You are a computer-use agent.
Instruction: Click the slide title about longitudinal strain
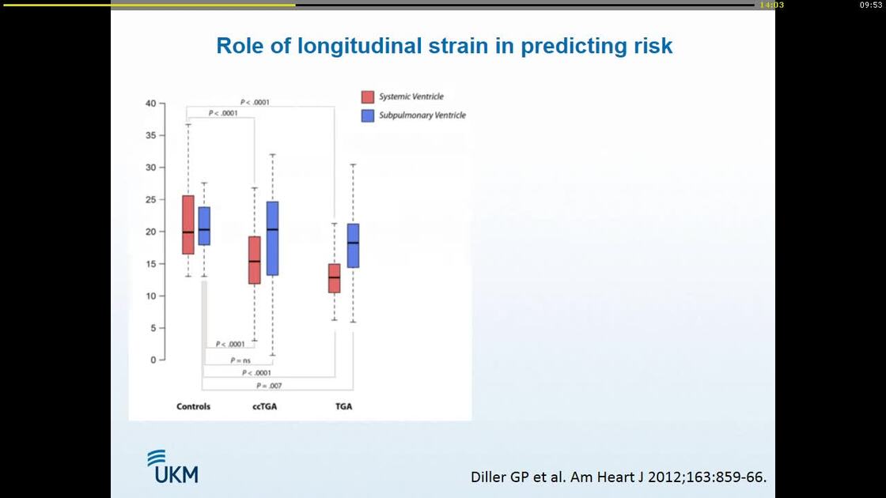[x=444, y=46]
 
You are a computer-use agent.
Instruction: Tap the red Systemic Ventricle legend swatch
[x=368, y=97]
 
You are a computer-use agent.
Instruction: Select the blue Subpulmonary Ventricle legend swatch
[x=368, y=115]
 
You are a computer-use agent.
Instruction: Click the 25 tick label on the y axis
[x=150, y=199]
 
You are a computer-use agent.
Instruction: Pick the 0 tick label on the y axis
[x=153, y=360]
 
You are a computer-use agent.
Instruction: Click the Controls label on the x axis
[x=193, y=406]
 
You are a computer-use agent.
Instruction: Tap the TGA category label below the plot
[x=343, y=406]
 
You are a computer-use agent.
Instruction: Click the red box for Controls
[x=187, y=224]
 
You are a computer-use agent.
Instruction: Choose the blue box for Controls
[x=204, y=226]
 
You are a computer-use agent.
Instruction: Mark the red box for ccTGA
[x=254, y=259]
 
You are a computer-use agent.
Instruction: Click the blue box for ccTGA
[x=272, y=238]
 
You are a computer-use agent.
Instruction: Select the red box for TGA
[x=335, y=277]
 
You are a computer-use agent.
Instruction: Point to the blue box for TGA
[x=353, y=245]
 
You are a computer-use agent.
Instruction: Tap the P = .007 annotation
[x=269, y=386]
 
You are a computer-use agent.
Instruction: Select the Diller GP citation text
[x=618, y=477]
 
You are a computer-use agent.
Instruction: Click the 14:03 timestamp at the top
[x=771, y=5]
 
